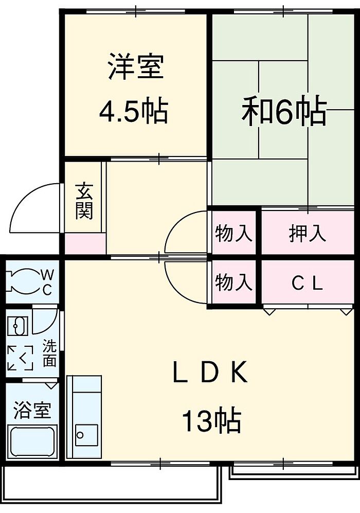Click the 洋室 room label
coord(136,67)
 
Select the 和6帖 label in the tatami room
coord(284,112)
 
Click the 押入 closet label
coord(307,233)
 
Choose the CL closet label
coord(307,283)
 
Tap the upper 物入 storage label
coord(234,233)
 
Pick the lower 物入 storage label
coord(234,282)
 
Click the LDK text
coord(210,374)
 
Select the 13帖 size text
coord(210,420)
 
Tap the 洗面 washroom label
coord(49,353)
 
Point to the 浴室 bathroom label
coord(32,410)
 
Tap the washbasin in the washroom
coord(19,326)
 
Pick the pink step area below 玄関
coord(85,243)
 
